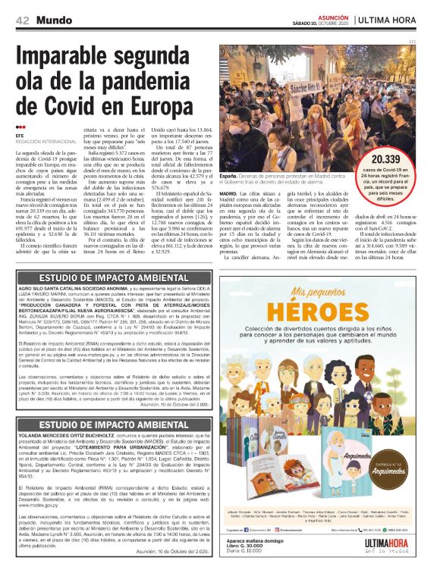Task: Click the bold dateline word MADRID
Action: pyautogui.click(x=230, y=193)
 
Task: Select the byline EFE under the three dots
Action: pyautogui.click(x=21, y=136)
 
